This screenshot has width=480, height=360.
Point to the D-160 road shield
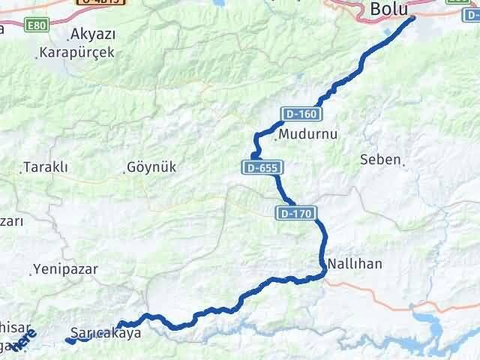point(301,114)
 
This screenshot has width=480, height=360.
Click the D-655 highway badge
point(261,168)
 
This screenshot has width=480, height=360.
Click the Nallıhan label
point(355,264)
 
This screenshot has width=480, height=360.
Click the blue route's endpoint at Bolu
point(412,17)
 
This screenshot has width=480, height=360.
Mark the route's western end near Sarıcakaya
point(68,340)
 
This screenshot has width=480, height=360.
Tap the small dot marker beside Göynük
point(124,172)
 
